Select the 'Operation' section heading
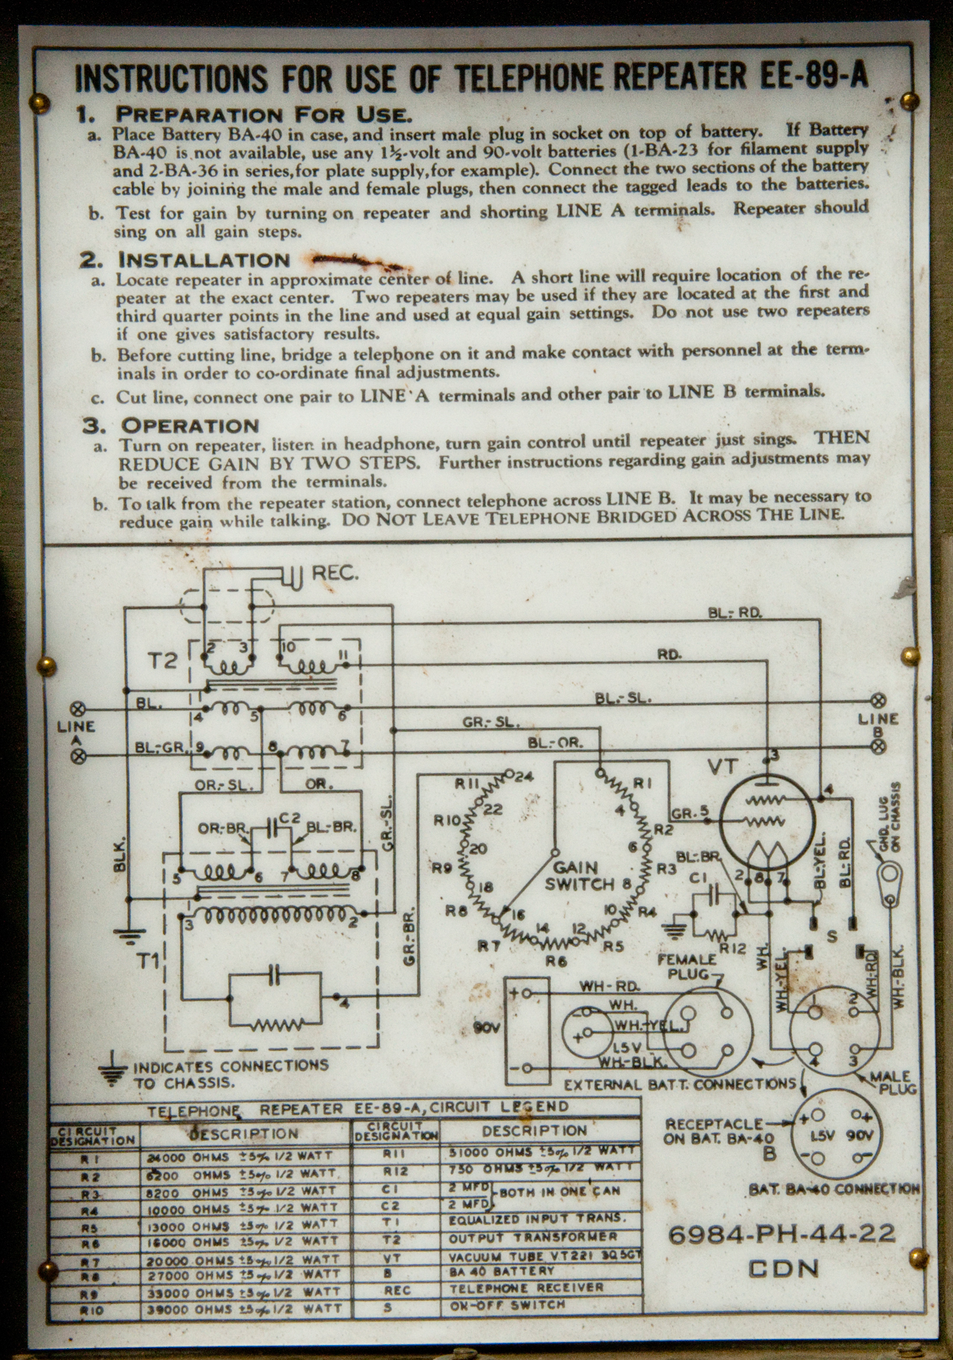coord(190,426)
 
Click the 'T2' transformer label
coord(162,660)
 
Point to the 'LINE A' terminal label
coord(77,732)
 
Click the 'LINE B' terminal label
coord(879,724)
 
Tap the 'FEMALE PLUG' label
coord(686,966)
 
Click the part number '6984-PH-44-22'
coord(782,1234)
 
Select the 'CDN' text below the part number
coord(783,1268)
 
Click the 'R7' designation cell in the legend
coord(93,1261)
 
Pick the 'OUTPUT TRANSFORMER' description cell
coord(532,1236)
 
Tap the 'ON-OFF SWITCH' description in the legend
coord(507,1305)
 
